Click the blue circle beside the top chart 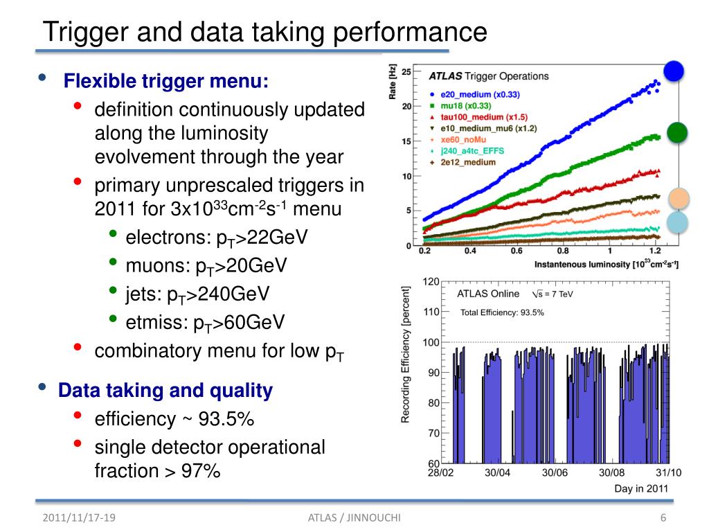[674, 71]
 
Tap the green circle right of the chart [677, 132]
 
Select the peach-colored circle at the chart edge [679, 199]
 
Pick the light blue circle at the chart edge [679, 222]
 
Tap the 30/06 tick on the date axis [555, 473]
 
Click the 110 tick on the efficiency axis [431, 312]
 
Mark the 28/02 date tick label [440, 473]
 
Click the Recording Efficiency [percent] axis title [406, 358]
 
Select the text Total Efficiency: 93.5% [502, 312]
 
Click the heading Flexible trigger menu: [165, 82]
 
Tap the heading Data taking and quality [165, 391]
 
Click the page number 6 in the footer [663, 518]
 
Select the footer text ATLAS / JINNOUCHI [355, 518]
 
